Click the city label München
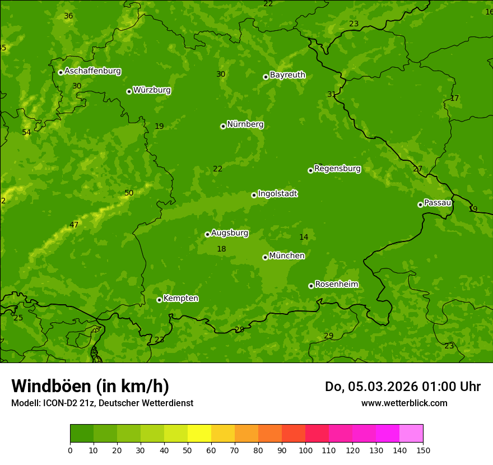pos(287,256)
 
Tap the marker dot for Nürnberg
pos(223,126)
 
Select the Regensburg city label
pos(337,169)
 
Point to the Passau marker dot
pos(420,204)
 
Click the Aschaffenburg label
pos(92,71)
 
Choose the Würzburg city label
pos(152,90)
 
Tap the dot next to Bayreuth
pos(266,77)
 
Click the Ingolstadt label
pos(277,194)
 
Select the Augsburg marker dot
pos(207,234)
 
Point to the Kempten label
pos(180,299)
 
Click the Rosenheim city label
pos(336,285)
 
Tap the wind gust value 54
pos(26,133)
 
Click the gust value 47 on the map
pos(74,225)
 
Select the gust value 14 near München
pos(304,238)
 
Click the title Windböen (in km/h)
pos(90,386)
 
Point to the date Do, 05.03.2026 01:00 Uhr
pos(402,387)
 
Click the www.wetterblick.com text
pos(404,403)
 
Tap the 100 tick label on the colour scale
pos(305,450)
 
